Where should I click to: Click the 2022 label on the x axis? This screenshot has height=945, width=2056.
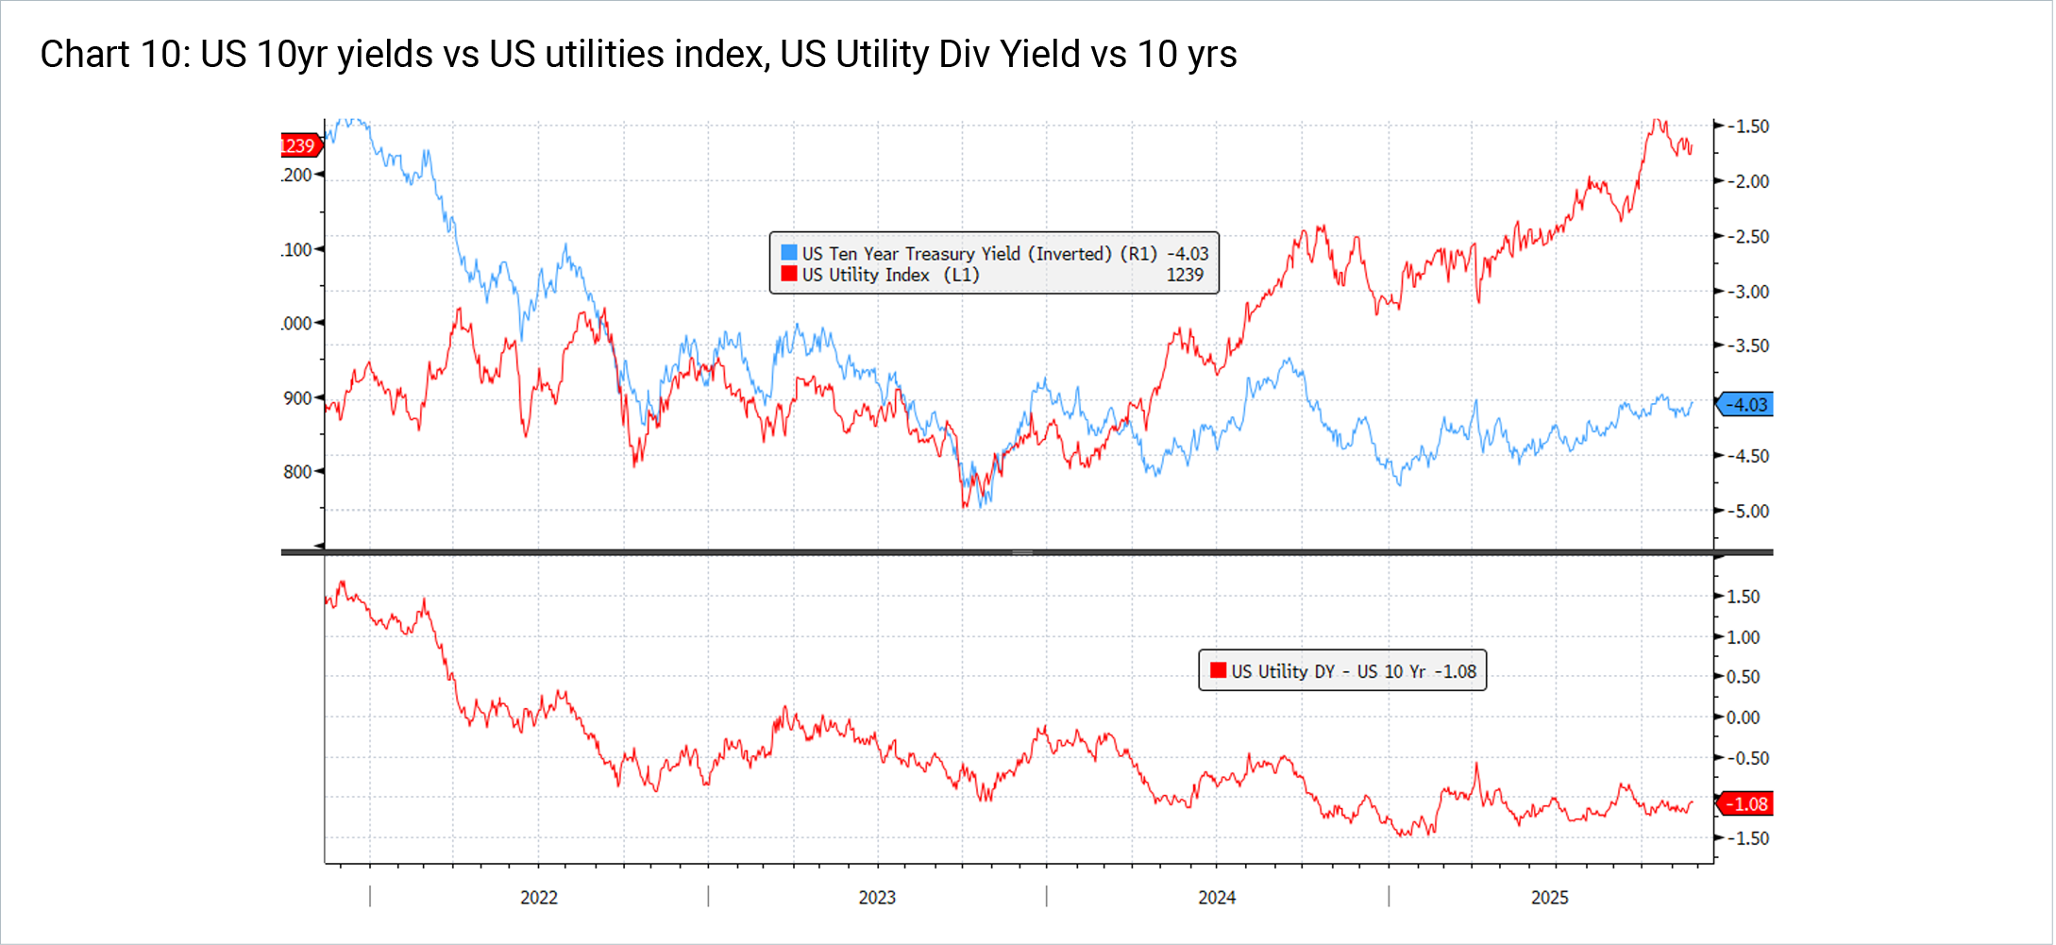539,898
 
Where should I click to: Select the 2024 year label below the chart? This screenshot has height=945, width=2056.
1217,898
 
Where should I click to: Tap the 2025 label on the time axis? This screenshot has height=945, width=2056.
1549,898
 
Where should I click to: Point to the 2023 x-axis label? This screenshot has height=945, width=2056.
877,898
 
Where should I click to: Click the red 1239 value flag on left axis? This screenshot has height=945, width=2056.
299,145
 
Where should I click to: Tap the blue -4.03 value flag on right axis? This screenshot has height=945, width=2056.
1745,405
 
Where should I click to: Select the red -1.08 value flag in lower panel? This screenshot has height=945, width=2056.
1745,804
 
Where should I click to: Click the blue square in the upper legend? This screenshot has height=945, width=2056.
789,253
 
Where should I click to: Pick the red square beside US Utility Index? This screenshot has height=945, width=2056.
789,274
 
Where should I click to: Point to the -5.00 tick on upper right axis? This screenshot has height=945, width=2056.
1747,512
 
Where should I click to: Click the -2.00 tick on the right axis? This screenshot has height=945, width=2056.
1747,181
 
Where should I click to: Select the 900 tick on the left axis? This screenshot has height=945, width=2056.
297,398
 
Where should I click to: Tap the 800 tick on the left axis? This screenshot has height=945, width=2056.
297,472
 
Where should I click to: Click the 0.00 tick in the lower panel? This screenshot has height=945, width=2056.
1743,717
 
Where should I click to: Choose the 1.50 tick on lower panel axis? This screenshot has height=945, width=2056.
1743,597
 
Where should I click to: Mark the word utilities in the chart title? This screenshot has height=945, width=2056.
606,55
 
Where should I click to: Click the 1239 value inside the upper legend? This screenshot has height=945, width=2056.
1185,275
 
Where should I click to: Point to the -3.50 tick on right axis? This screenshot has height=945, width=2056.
1747,346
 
